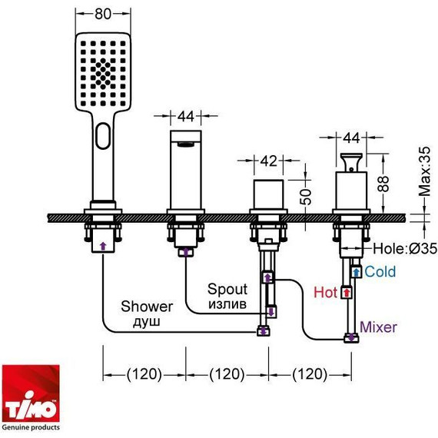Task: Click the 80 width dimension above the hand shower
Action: pyautogui.click(x=103, y=14)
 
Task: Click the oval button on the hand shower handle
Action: pyautogui.click(x=103, y=138)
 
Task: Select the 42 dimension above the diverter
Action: pyautogui.click(x=267, y=162)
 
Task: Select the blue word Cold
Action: pyautogui.click(x=380, y=271)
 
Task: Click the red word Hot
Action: pyautogui.click(x=326, y=292)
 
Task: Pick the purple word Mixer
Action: pyautogui.click(x=378, y=327)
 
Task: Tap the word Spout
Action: pyautogui.click(x=227, y=290)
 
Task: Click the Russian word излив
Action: pyautogui.click(x=227, y=304)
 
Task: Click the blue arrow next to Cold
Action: pyautogui.click(x=357, y=271)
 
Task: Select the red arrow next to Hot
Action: pyautogui.click(x=347, y=292)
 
